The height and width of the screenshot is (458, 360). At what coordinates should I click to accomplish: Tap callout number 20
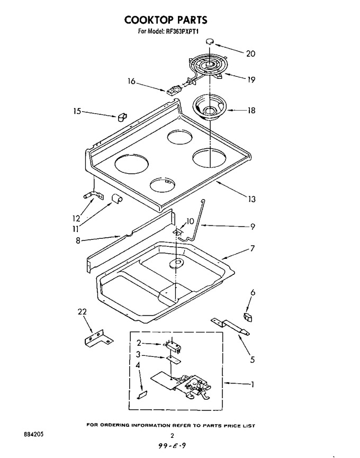[x=250, y=53]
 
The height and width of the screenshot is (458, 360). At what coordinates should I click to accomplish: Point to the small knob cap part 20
[x=209, y=42]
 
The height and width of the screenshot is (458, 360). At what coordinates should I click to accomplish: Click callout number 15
[x=77, y=111]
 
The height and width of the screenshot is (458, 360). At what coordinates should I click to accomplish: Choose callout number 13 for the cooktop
[x=251, y=199]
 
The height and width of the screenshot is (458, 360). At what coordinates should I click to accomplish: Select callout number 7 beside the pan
[x=252, y=248]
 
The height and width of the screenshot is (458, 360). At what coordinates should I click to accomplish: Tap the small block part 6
[x=247, y=317]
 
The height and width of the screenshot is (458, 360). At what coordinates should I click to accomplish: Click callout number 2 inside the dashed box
[x=139, y=343]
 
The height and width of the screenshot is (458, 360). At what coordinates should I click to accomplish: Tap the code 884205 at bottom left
[x=33, y=434]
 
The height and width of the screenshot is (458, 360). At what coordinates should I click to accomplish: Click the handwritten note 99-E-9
[x=172, y=446]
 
